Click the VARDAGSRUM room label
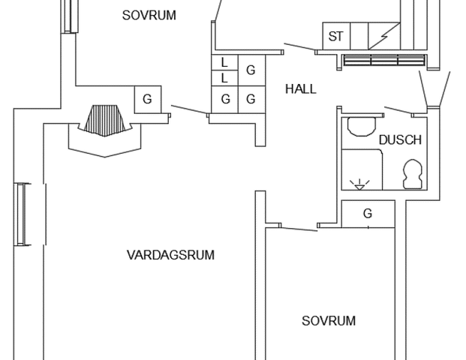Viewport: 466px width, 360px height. point(170,255)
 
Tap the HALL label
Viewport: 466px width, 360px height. point(301,89)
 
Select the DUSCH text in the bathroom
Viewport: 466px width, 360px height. point(400,140)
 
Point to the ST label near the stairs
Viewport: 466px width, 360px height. point(336,37)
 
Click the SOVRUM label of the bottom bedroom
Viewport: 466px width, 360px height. point(329,321)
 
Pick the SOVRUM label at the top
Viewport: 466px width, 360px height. point(149,16)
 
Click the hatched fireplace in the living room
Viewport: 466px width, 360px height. point(105,121)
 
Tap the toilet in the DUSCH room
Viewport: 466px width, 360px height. point(413,174)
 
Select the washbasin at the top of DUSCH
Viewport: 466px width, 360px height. point(362,127)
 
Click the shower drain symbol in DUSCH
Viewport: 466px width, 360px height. point(359,184)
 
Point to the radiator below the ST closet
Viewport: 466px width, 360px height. point(384,60)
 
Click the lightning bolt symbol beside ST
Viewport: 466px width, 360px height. point(384,37)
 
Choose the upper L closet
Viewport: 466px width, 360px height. point(224,63)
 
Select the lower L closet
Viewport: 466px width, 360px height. point(224,79)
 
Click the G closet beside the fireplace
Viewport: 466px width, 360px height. point(148,100)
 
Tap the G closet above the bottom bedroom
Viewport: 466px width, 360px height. point(368,214)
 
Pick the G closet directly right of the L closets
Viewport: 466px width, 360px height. point(251,70)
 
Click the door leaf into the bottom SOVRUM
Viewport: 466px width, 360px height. point(299,229)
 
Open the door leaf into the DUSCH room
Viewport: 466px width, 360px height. point(398,110)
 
